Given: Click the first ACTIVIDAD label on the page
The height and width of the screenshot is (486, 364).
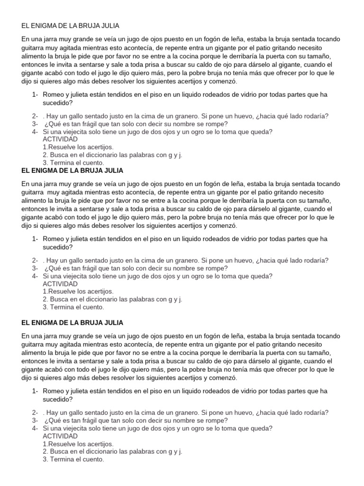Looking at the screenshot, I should coord(60,139).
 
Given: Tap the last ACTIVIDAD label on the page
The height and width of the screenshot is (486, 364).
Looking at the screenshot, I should coord(60,436).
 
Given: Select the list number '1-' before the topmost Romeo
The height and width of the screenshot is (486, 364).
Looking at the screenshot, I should coord(36,94).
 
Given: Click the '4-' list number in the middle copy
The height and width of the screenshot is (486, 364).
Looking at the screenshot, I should coord(36,276).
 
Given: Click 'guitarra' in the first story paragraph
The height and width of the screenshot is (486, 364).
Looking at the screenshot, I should coord(34,47).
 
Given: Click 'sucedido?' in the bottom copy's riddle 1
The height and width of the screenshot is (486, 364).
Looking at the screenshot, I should coord(58,399).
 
